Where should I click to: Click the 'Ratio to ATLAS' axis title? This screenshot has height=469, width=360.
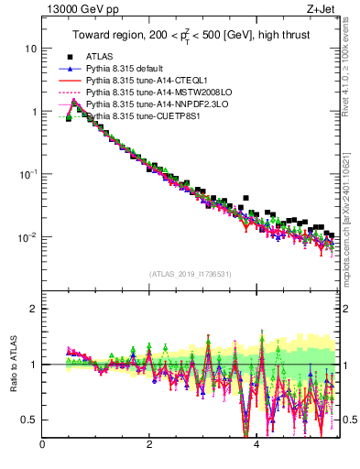[x=12, y=365]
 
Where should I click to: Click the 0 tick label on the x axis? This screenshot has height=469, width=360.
[x=42, y=447]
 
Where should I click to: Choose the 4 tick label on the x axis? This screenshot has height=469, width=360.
[x=256, y=447]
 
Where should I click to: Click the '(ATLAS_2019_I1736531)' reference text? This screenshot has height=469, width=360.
[x=191, y=274]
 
